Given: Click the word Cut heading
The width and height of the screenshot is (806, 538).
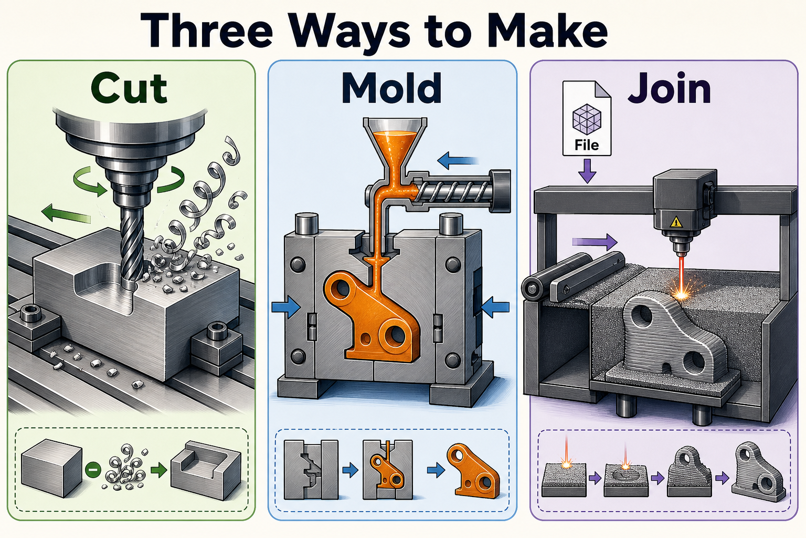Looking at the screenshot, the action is coord(129,88).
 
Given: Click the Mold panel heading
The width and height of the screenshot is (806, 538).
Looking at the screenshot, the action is coord(391,88).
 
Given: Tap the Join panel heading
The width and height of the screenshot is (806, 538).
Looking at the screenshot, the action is coord(670,88).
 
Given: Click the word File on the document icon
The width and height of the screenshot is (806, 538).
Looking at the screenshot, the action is coord(587,145).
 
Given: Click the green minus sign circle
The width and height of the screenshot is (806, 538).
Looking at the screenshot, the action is coord(92,470).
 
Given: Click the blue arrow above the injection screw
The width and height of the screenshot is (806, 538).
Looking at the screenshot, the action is coord(458,161).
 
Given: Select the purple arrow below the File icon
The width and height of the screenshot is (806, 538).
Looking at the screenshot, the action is coord(587,171).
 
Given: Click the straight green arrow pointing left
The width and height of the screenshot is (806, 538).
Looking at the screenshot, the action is coord(66,213).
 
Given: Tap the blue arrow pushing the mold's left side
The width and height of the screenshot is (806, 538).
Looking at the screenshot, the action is coord(285,307).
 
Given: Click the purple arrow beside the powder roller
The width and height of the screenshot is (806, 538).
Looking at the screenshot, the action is coord(595,242).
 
